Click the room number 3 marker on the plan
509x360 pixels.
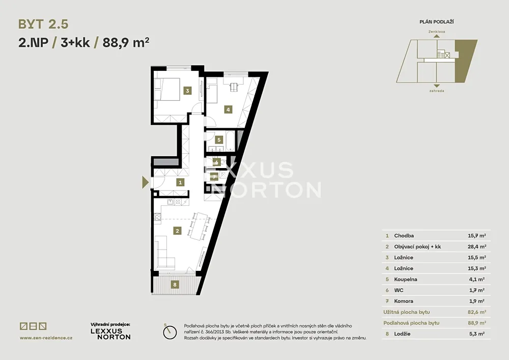187,91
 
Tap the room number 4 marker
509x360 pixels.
228,109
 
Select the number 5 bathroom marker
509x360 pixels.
219,140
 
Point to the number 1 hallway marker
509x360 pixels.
180,182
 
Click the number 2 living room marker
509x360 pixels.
177,231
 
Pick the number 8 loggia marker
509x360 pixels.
175,285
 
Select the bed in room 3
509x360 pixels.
167,89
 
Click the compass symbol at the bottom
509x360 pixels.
170,333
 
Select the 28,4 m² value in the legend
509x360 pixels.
477,247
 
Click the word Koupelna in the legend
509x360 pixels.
406,279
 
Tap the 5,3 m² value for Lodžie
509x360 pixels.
477,334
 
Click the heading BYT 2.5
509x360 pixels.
43,24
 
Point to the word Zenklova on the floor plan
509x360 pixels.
437,32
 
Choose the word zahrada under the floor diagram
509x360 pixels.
437,91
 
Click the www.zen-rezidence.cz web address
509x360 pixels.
46,338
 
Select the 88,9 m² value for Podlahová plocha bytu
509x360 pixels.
477,323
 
